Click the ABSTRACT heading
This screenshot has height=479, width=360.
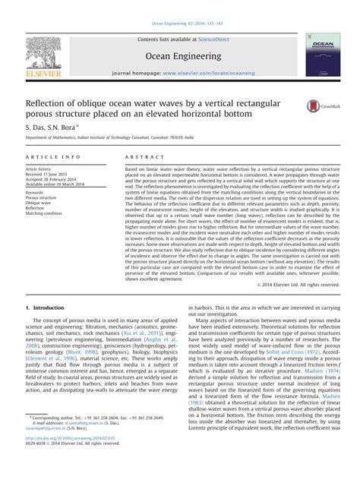[x=141, y=156]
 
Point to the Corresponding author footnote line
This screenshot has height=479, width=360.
[x=91, y=438]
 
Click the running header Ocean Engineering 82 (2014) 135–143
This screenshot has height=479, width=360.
[x=179, y=6]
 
